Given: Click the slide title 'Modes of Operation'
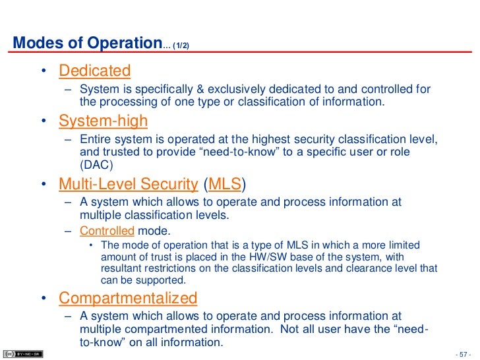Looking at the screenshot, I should pos(87,43).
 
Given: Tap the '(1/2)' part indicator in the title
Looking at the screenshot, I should pos(183,45).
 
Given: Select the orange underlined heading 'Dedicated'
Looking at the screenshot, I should pos(94,70).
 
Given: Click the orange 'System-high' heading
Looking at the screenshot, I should pos(103,121).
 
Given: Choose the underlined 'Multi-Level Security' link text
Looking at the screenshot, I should pos(128,184).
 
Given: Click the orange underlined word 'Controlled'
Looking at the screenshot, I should pos(107,231).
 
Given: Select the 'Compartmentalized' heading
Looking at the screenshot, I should pos(128,298).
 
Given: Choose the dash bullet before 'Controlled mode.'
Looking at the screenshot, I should pos(69,231).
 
